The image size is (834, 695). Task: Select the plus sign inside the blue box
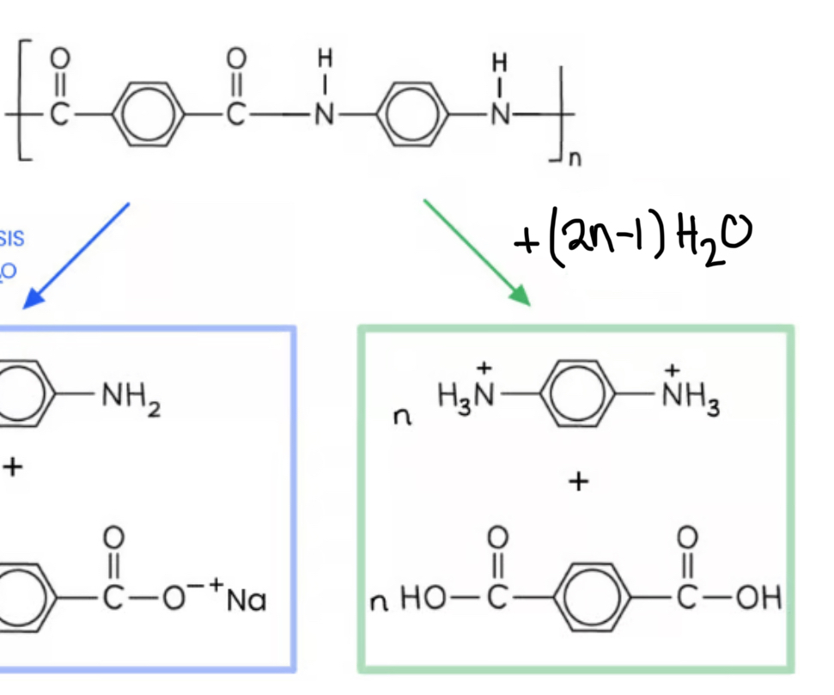12,468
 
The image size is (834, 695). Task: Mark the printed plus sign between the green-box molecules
579,482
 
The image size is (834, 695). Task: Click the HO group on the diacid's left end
420,598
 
